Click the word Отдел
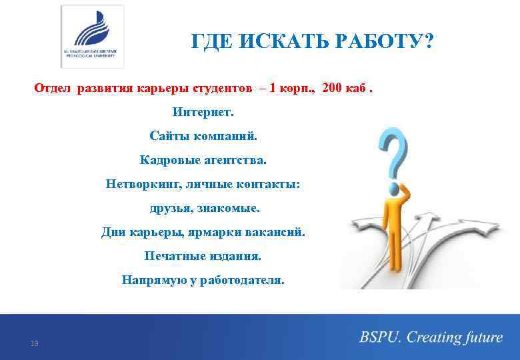tap(53, 88)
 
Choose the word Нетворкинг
tap(137, 183)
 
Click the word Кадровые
tap(165, 159)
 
